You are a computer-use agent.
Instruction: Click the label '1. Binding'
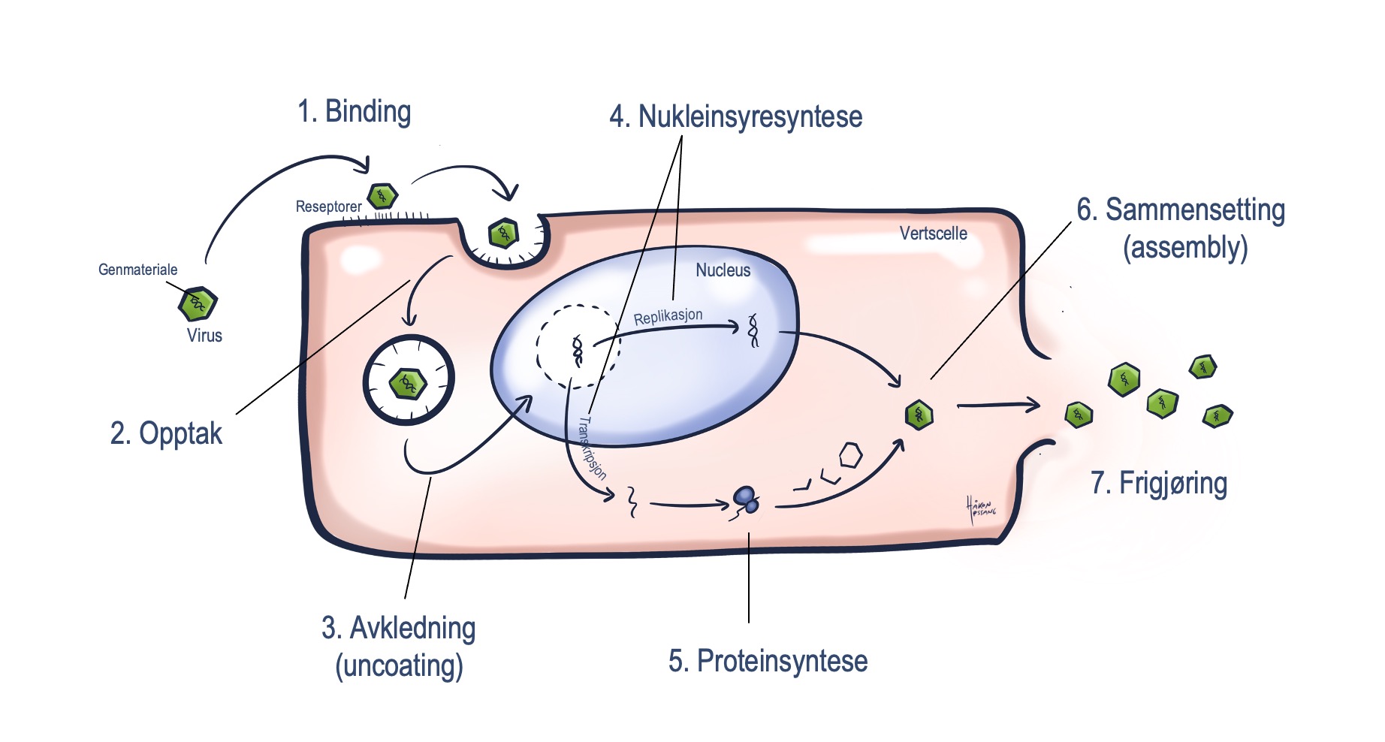(x=354, y=112)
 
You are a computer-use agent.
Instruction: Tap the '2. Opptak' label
(x=166, y=434)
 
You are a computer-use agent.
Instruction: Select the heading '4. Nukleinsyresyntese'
(x=735, y=117)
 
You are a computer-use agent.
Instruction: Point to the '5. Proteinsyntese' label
(x=768, y=662)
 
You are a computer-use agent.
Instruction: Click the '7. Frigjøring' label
(x=1158, y=484)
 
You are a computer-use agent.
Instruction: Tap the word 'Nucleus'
(x=723, y=270)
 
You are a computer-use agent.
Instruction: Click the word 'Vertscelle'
(x=933, y=234)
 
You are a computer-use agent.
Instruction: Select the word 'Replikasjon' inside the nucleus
(x=668, y=317)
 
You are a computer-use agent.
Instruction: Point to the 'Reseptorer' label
(x=328, y=207)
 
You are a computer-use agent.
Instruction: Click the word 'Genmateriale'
(x=138, y=270)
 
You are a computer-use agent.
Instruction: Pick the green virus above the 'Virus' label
(x=198, y=303)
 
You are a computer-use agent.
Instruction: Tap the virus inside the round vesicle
(x=408, y=384)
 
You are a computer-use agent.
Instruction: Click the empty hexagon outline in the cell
(x=850, y=455)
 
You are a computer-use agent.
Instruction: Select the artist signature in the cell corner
(x=981, y=508)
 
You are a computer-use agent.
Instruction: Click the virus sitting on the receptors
(x=382, y=196)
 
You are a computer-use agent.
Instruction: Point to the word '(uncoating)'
(x=399, y=666)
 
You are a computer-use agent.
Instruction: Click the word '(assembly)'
(x=1184, y=248)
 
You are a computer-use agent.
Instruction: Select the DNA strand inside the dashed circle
(x=578, y=351)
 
